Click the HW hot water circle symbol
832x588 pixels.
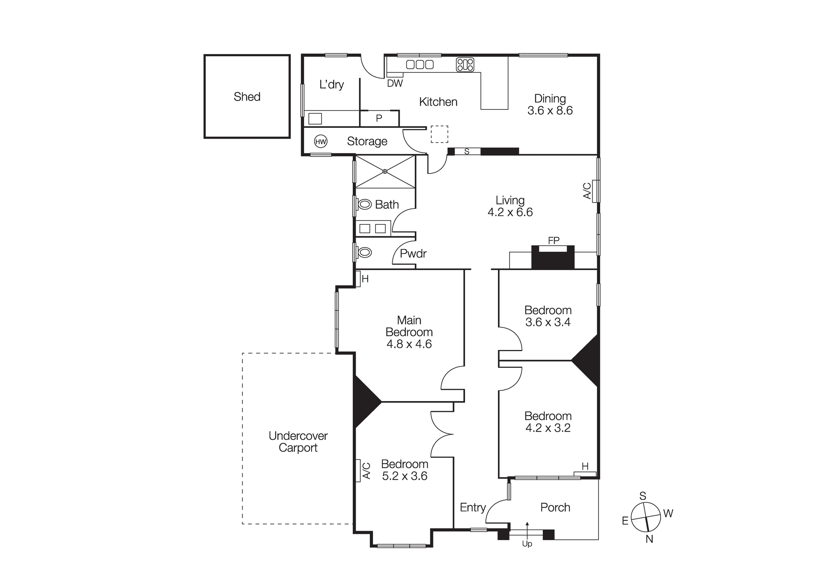(321, 141)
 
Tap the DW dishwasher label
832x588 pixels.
(395, 83)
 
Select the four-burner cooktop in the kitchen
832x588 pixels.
(465, 65)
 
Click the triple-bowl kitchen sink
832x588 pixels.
(420, 65)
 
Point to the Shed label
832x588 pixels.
(247, 97)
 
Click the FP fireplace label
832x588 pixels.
(553, 241)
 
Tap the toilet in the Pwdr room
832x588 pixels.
(365, 252)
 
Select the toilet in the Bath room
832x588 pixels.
(365, 204)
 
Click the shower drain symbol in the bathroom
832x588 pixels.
(385, 171)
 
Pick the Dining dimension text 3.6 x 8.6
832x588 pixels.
(550, 111)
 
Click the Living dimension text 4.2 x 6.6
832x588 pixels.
(510, 212)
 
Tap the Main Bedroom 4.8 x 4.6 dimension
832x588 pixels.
(409, 344)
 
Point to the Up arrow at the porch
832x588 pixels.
(527, 531)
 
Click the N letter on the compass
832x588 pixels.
(649, 539)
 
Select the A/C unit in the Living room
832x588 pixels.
(596, 191)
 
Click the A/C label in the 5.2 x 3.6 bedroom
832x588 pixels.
(366, 471)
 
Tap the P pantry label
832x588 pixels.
(379, 119)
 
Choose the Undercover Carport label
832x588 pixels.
(298, 442)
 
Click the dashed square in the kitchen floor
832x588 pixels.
(439, 134)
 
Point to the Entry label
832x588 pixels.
(473, 507)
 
